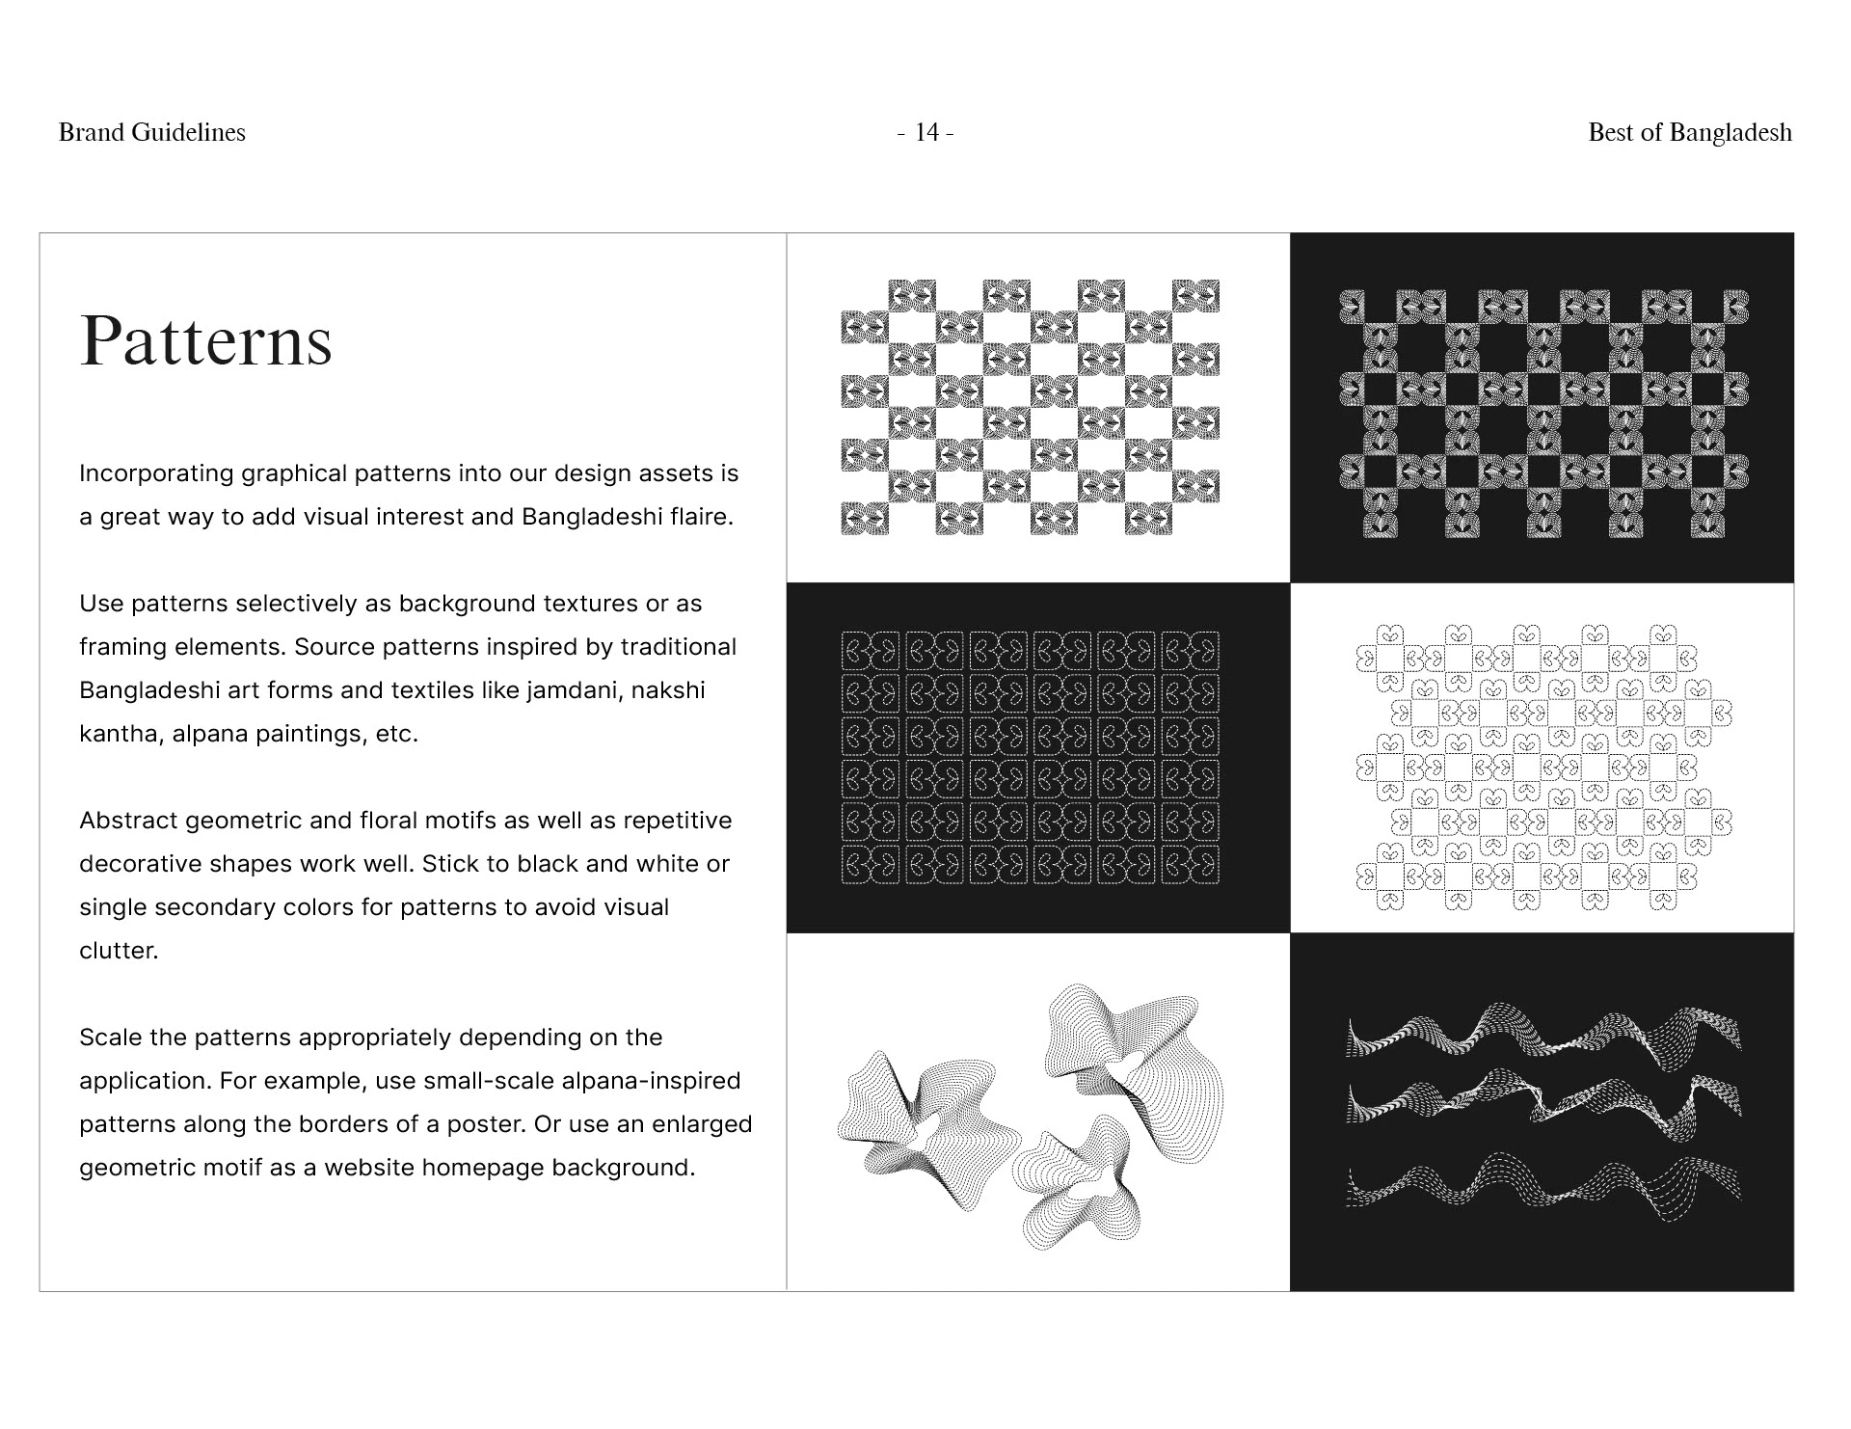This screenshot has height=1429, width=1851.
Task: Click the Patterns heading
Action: pyautogui.click(x=205, y=340)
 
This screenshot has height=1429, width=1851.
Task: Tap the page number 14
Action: pyautogui.click(x=925, y=132)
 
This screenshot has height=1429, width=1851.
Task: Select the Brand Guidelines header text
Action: pyautogui.click(x=152, y=132)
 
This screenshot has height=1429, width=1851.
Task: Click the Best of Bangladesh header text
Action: pyautogui.click(x=1689, y=132)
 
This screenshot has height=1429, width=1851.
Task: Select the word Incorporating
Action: pyautogui.click(x=156, y=473)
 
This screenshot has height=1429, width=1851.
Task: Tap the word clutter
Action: pyautogui.click(x=118, y=951)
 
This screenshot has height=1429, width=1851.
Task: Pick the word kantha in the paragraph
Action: pyautogui.click(x=121, y=734)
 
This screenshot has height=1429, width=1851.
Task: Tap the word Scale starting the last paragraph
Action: pyautogui.click(x=109, y=1038)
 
